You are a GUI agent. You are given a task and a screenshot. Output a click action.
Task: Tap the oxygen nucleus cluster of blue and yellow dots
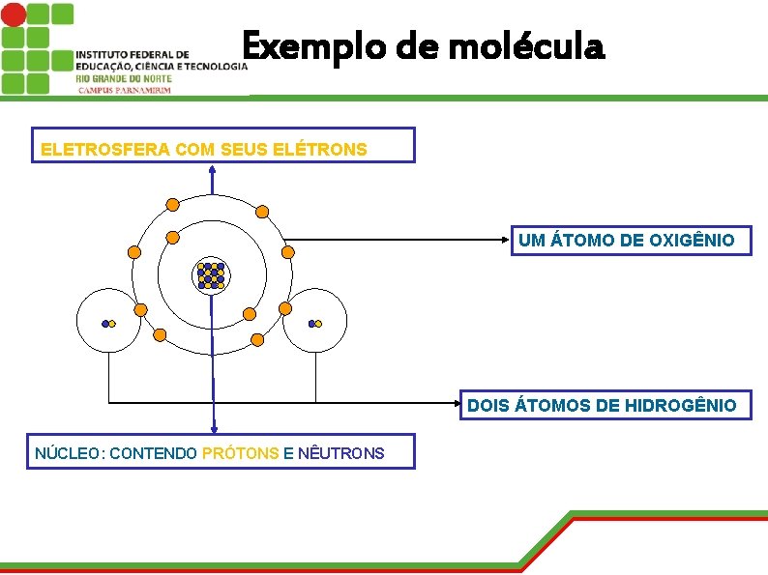211,275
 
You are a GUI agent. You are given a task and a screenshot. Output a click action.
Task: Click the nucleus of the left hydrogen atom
108,324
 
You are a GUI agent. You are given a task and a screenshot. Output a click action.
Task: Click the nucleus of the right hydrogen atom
313,324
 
